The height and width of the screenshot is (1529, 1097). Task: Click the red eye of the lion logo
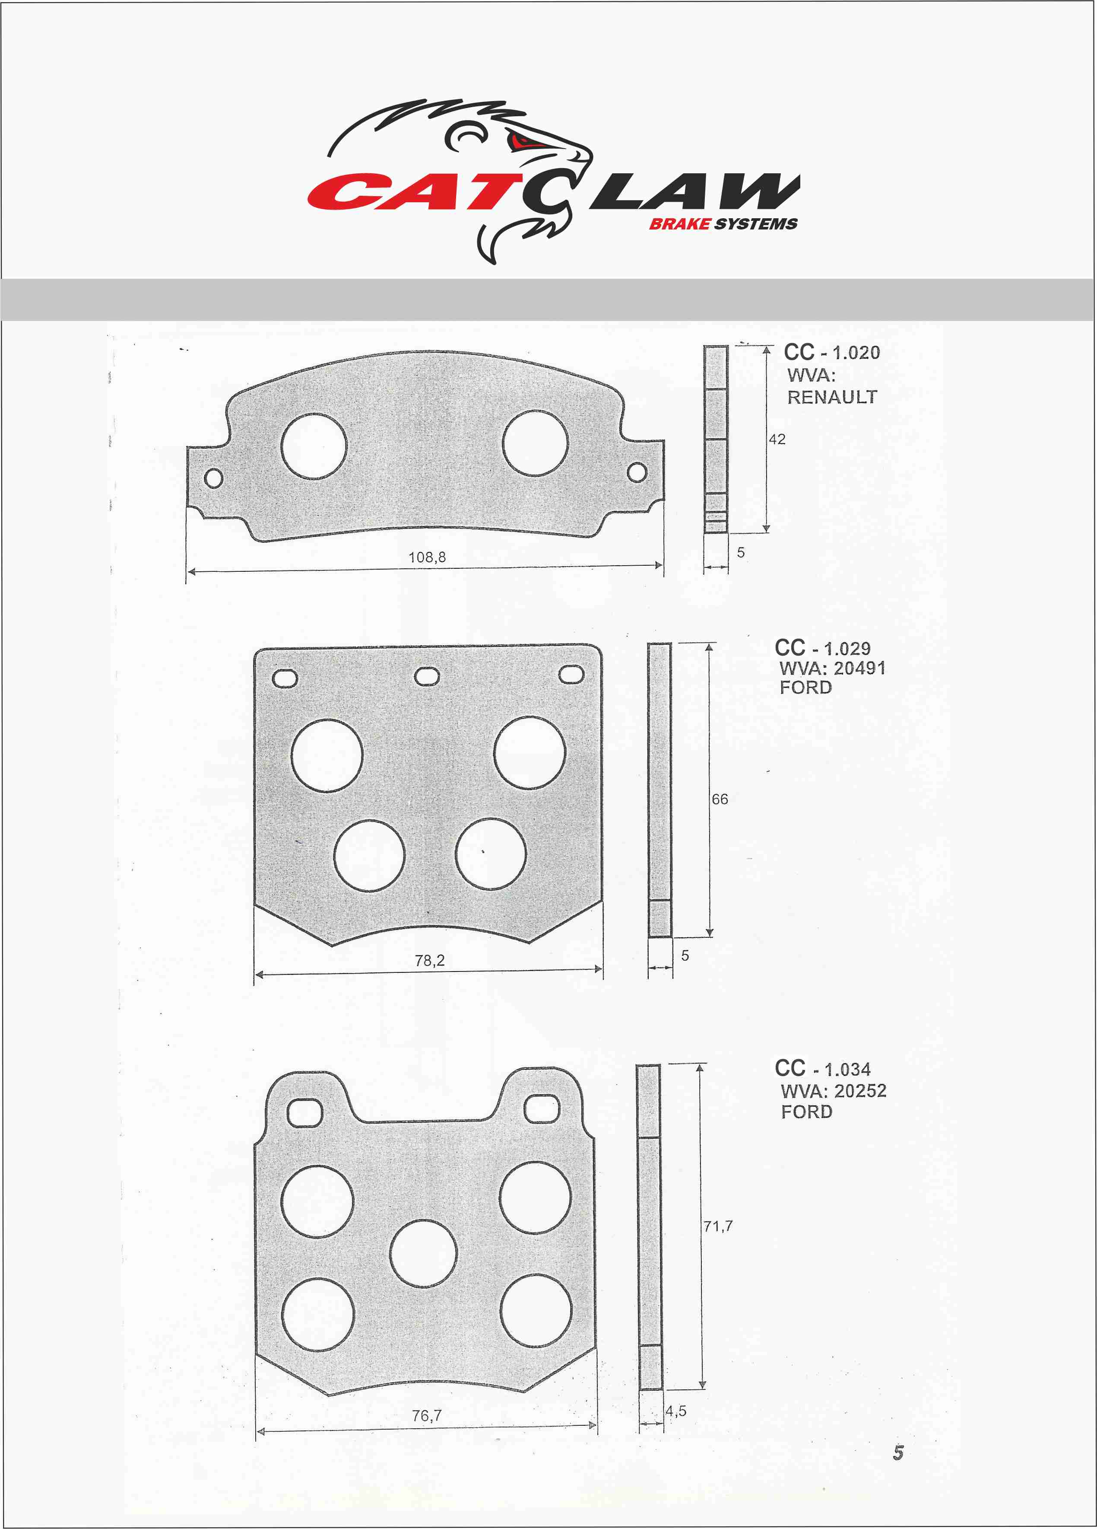point(522,142)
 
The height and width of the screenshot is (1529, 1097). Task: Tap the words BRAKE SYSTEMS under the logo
point(723,224)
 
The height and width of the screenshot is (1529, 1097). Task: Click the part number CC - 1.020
point(831,352)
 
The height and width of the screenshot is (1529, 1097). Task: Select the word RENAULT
point(832,397)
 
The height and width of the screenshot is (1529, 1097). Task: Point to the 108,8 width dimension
point(427,557)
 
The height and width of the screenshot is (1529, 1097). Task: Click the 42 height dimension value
point(777,439)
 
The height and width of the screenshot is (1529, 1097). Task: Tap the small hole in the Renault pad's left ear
point(214,478)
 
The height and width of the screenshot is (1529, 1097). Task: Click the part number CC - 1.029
point(823,648)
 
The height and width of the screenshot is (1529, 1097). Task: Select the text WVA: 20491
point(832,668)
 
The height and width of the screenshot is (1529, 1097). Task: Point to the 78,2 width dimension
point(430,960)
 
